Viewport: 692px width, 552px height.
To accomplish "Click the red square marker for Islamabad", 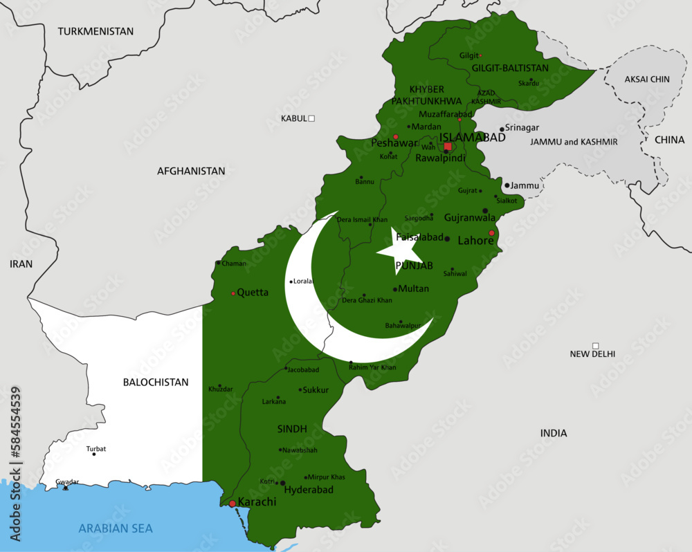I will [448, 146].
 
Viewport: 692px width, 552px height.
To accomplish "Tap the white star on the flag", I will [399, 250].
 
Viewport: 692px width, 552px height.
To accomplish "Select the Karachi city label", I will [257, 502].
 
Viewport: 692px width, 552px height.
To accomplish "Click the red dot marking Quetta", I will [233, 293].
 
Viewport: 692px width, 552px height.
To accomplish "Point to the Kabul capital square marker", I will [311, 118].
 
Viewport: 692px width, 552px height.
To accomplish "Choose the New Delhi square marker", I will [595, 346].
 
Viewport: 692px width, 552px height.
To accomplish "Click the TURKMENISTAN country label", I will [95, 31].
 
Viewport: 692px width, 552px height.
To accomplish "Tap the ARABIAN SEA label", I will [116, 528].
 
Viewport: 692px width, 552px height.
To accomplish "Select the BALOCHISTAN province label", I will [156, 382].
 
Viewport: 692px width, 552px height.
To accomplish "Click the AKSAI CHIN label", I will [647, 80].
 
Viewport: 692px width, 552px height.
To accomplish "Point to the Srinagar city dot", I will [502, 129].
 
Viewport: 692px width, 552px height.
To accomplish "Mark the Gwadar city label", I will [67, 481].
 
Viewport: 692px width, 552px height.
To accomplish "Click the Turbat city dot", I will [94, 454].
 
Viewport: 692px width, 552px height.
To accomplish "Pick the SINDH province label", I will [292, 429].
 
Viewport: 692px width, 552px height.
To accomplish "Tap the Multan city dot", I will [395, 289].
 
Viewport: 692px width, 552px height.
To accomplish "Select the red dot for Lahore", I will [491, 233].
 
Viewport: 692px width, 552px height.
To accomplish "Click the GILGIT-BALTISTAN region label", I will [510, 68].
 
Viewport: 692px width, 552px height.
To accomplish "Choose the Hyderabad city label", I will [309, 490].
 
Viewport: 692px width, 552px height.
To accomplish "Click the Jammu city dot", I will [507, 185].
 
